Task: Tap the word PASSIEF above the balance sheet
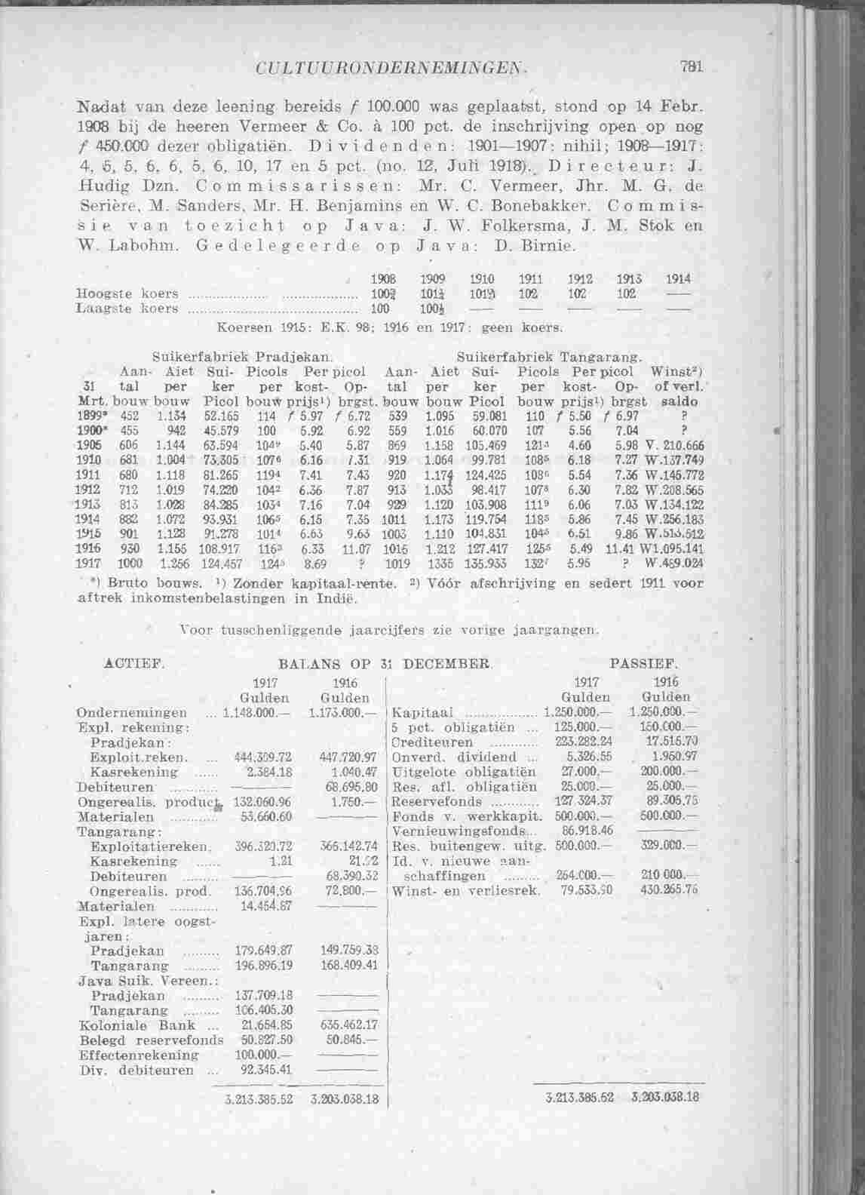coord(645,665)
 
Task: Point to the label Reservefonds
coord(437,801)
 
